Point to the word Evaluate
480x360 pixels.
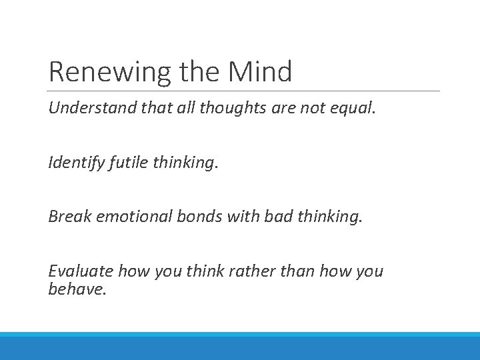tap(80, 271)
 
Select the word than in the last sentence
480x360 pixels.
tap(294, 271)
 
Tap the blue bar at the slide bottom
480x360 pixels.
tap(240, 347)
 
